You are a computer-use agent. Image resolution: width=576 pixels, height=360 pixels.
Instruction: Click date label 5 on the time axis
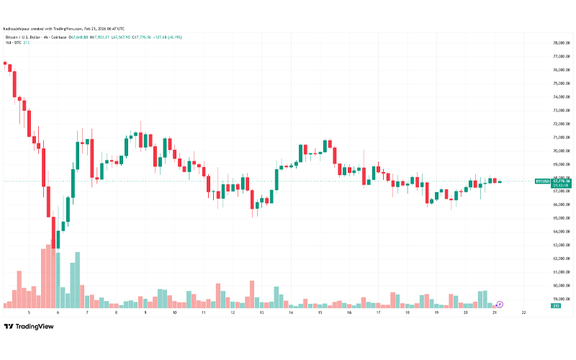tap(29, 313)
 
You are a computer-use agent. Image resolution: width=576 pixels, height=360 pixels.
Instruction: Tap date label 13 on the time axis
tap(262, 313)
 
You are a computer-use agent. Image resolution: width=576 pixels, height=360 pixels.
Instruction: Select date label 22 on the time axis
tap(523, 313)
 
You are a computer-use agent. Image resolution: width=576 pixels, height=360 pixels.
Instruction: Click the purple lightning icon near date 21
tap(499, 306)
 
